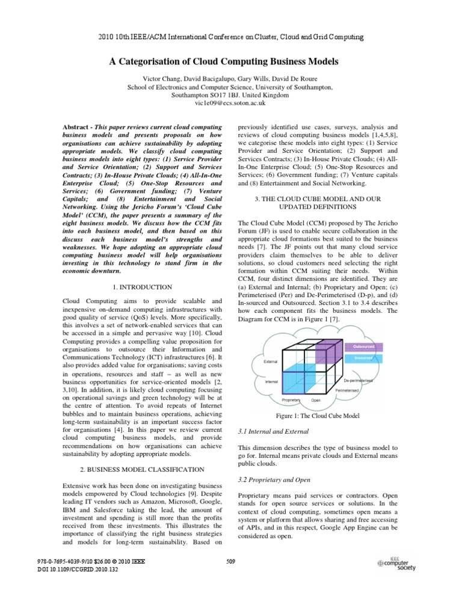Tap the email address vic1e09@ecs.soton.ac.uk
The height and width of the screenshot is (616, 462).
(231, 103)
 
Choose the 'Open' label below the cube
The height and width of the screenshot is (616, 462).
(315, 400)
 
